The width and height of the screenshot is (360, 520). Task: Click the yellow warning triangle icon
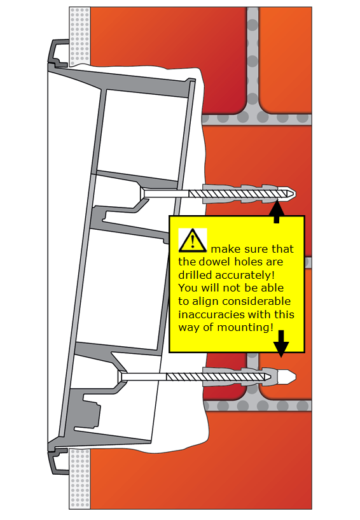193,241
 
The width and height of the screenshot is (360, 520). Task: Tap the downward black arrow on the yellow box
281,344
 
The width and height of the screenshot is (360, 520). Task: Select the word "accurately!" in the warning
245,275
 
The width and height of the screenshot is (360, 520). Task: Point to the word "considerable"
256,301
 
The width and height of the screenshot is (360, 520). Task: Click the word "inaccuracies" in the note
210,314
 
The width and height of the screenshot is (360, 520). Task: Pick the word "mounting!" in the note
246,328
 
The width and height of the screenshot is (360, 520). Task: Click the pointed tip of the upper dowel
295,193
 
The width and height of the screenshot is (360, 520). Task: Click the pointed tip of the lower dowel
295,377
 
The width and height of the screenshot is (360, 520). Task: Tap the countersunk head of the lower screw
120,376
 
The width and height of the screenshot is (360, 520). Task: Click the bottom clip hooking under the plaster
59,460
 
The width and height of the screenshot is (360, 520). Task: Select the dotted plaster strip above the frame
80,36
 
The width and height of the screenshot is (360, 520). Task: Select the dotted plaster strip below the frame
80,479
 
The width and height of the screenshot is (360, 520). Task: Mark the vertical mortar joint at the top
253,60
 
